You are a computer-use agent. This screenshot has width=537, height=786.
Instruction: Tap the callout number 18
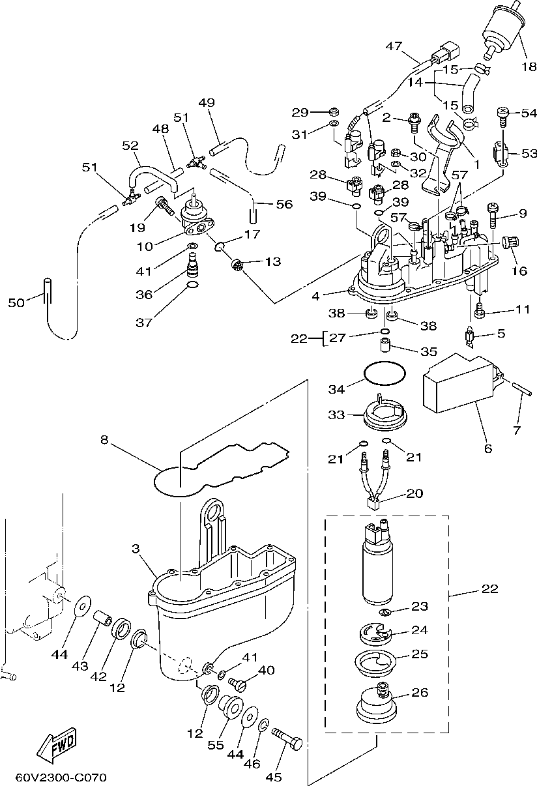527,66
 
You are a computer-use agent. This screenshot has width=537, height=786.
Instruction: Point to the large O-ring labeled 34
384,373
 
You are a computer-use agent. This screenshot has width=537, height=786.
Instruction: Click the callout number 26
420,692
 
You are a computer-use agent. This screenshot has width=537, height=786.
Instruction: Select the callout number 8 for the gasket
104,440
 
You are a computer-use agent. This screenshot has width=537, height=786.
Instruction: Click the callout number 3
136,549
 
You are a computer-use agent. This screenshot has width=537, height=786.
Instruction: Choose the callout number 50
16,302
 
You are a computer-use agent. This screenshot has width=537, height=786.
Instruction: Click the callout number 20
414,493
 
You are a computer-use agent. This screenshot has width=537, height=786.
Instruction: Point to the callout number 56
284,204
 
